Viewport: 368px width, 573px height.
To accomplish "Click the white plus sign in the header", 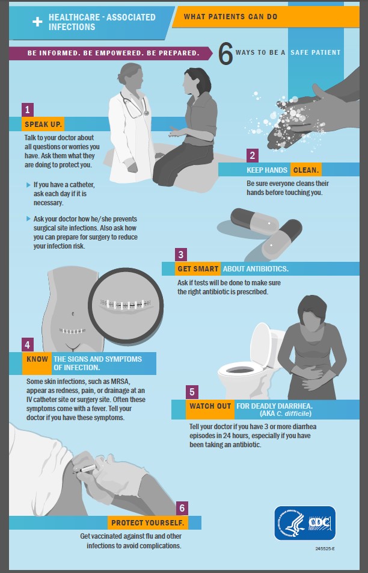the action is [37, 22].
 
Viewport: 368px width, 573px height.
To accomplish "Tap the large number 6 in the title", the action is [225, 54].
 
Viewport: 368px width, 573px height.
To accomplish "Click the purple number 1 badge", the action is [28, 110].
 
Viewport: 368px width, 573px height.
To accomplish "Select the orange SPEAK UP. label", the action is [43, 124].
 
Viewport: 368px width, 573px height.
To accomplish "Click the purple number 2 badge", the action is [252, 156].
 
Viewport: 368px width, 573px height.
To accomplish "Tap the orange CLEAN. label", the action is [306, 170].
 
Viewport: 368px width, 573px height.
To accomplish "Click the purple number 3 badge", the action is [181, 255].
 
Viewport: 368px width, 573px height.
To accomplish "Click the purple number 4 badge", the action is [28, 345].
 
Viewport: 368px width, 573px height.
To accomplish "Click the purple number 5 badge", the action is [192, 392].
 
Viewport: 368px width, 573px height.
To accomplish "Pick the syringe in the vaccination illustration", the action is [85, 469].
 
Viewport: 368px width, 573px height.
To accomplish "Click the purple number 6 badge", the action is [182, 509].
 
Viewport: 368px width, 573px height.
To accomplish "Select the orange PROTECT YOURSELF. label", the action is [148, 522].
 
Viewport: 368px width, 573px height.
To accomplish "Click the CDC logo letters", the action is [320, 523].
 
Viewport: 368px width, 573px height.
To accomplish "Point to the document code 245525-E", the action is [325, 548].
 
